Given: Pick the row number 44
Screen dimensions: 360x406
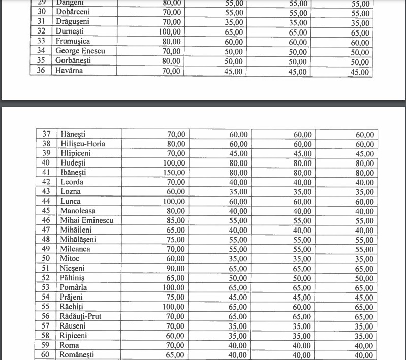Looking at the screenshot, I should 46,202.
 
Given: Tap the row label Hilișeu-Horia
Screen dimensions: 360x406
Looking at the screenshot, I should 83,144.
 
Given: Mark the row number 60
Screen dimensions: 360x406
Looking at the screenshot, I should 46,355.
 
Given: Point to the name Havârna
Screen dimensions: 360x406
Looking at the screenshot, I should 70,71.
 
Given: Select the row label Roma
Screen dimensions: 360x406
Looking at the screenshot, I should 69,345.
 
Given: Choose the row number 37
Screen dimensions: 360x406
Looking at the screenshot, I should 46,134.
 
